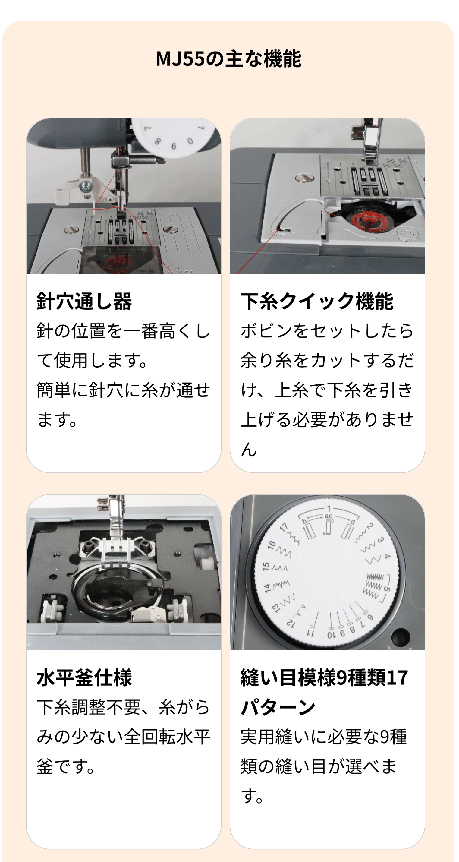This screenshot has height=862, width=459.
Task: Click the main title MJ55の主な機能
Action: pyautogui.click(x=229, y=59)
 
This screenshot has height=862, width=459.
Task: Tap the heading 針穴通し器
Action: pyautogui.click(x=84, y=301)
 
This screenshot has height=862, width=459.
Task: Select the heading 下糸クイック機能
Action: pyautogui.click(x=317, y=301)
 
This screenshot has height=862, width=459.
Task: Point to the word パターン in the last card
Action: pyautogui.click(x=278, y=707)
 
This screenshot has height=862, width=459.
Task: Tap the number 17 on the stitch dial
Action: pyautogui.click(x=284, y=527)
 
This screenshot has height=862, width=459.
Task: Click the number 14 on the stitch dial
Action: pyautogui.click(x=267, y=588)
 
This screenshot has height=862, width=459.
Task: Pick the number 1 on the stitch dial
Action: pyautogui.click(x=329, y=509)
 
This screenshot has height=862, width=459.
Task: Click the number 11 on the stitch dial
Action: pyautogui.click(x=311, y=633)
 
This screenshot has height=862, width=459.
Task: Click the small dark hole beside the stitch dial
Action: pyautogui.click(x=401, y=636)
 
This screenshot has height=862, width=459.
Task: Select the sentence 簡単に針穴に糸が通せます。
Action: pyautogui.click(x=123, y=405)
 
